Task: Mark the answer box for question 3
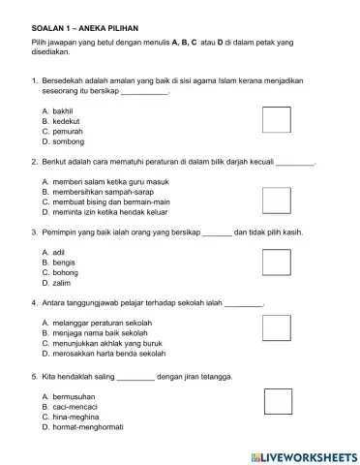pyautogui.click(x=277, y=262)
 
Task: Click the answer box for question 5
pyautogui.click(x=278, y=401)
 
